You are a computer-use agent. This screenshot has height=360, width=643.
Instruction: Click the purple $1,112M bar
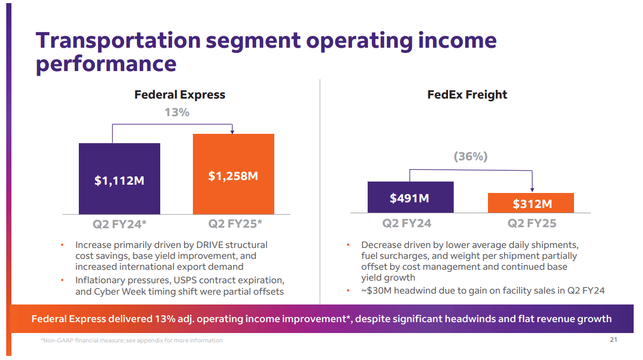pyautogui.click(x=119, y=178)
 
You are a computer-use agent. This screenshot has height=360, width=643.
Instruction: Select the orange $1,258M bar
pyautogui.click(x=233, y=174)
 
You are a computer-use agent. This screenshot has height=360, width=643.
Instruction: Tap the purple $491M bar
pyautogui.click(x=410, y=197)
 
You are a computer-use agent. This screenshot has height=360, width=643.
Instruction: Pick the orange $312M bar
pyautogui.click(x=530, y=203)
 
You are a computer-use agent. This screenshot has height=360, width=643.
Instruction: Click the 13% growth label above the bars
pyautogui.click(x=177, y=112)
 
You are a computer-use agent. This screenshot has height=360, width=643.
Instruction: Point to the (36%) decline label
pyautogui.click(x=470, y=156)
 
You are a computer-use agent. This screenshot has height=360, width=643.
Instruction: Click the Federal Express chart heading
pyautogui.click(x=179, y=94)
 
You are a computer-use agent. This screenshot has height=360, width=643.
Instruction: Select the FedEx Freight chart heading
pyautogui.click(x=467, y=94)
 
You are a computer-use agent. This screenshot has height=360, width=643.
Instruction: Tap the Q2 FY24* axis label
pyautogui.click(x=120, y=224)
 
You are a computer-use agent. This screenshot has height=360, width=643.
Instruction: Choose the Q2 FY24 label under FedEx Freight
pyautogui.click(x=407, y=223)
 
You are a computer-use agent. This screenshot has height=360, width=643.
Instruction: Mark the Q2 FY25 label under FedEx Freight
pyautogui.click(x=532, y=223)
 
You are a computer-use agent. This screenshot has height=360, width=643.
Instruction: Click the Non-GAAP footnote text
pyautogui.click(x=132, y=340)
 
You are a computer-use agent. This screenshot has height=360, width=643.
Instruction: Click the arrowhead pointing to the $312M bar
pyautogui.click(x=532, y=190)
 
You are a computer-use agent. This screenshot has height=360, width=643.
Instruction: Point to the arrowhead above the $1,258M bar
pyautogui.click(x=232, y=131)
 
